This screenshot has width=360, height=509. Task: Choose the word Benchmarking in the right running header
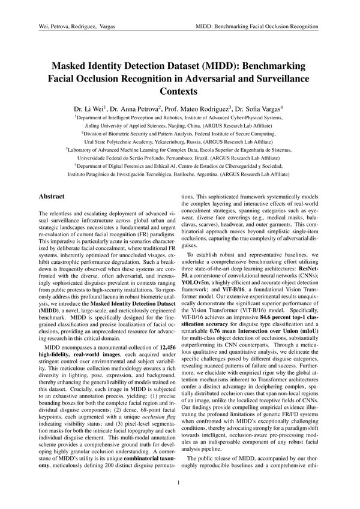coord(245,28)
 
